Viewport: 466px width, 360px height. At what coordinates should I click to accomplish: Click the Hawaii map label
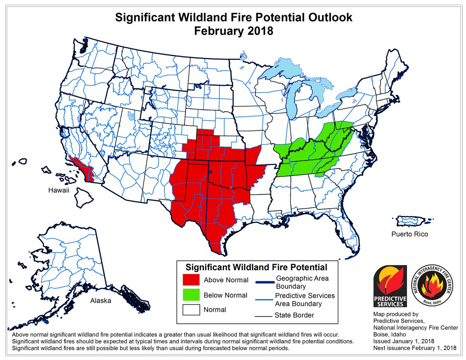point(61,190)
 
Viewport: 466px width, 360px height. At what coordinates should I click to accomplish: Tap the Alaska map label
point(101,301)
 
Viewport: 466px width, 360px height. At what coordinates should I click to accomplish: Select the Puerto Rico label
point(409,234)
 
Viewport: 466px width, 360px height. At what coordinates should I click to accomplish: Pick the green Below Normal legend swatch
point(191,295)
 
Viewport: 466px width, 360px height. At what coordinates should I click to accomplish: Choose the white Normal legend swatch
point(191,310)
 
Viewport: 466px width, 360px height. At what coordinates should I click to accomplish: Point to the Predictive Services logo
point(389,285)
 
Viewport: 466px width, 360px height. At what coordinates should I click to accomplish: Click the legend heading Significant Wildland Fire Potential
point(256,267)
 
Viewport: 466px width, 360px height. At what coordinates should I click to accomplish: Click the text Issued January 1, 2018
point(404,341)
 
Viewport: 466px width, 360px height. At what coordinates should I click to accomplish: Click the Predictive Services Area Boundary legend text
point(304,299)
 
